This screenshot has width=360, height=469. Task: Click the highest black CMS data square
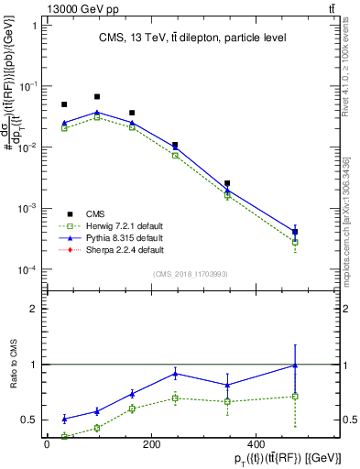[x=97, y=96]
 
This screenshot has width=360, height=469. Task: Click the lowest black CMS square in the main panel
[x=295, y=232]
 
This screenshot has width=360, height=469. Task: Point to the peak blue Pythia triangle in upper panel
[x=97, y=113]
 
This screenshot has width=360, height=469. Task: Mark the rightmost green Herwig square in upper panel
[x=295, y=243]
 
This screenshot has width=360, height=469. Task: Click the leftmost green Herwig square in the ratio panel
[x=64, y=436]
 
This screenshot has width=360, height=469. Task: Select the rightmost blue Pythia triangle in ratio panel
[x=295, y=365]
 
